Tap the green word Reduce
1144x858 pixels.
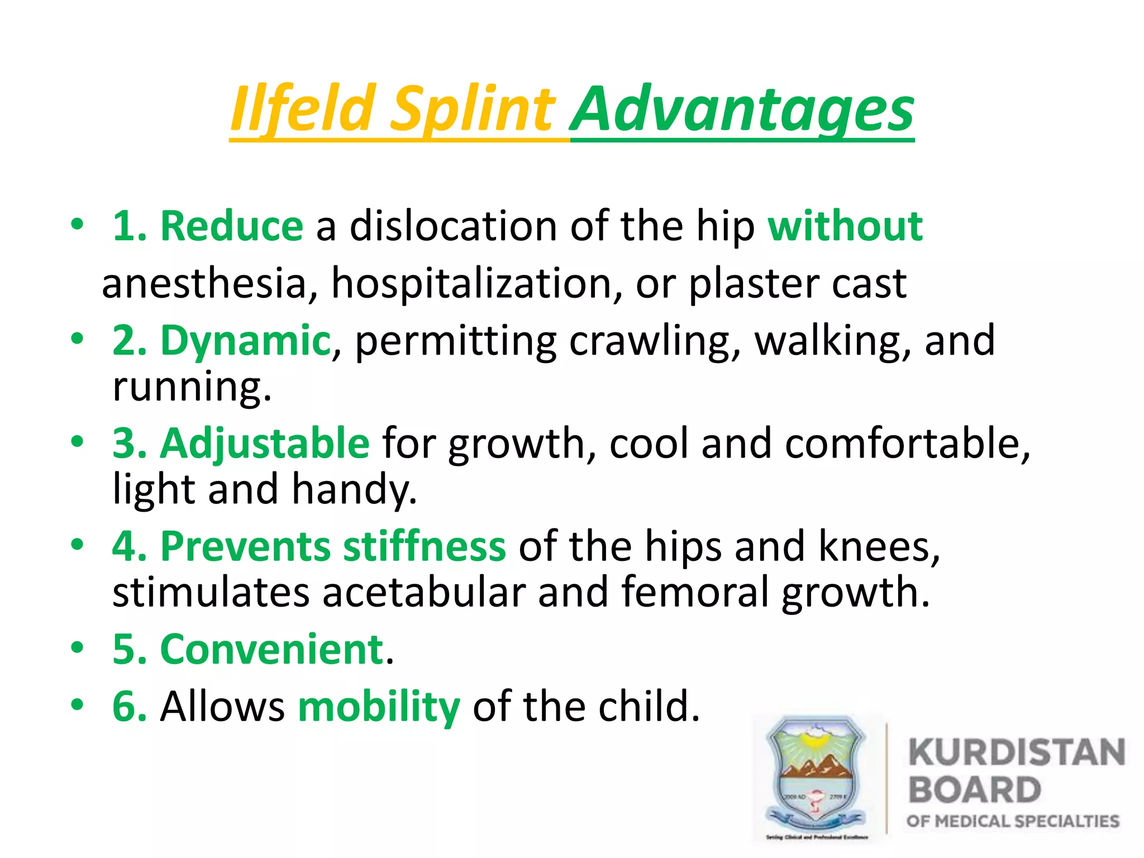231,226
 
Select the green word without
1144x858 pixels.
845,226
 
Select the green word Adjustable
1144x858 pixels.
265,444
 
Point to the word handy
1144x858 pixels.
353,489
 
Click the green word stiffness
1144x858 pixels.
425,546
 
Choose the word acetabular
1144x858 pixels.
423,592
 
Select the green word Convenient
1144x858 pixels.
272,650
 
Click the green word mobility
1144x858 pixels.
379,707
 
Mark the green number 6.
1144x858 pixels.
128,707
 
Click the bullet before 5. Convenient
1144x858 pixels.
77,648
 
